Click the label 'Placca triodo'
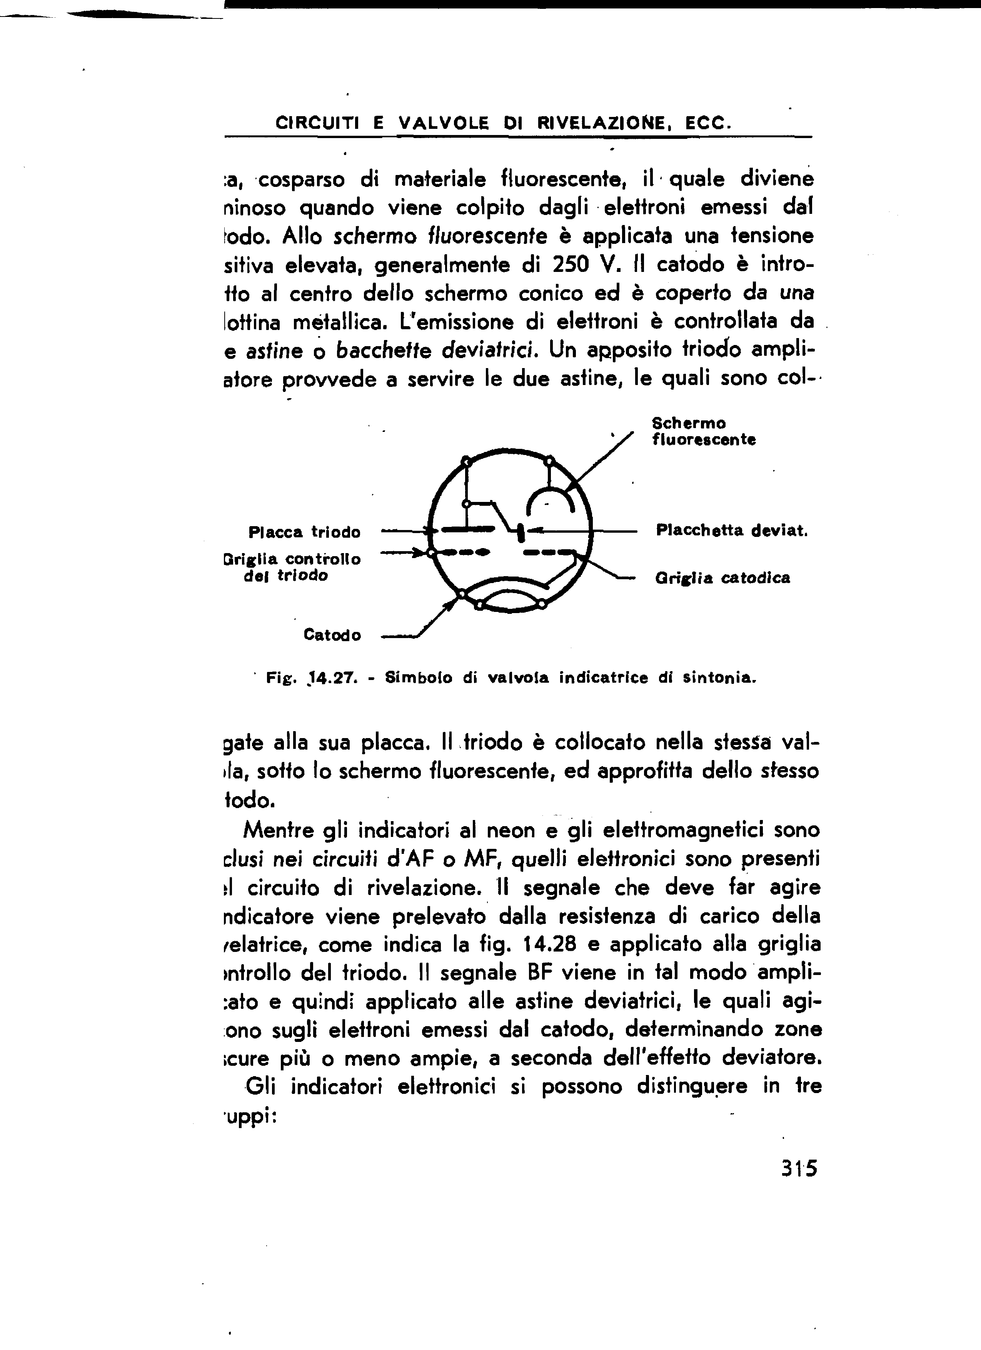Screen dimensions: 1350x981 pyautogui.click(x=304, y=532)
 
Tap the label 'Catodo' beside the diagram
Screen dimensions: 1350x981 pyautogui.click(x=332, y=635)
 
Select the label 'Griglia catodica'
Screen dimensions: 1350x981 pyautogui.click(x=722, y=578)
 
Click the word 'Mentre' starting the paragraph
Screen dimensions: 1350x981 pyautogui.click(x=279, y=830)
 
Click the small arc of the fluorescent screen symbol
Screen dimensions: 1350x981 pyautogui.click(x=549, y=497)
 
